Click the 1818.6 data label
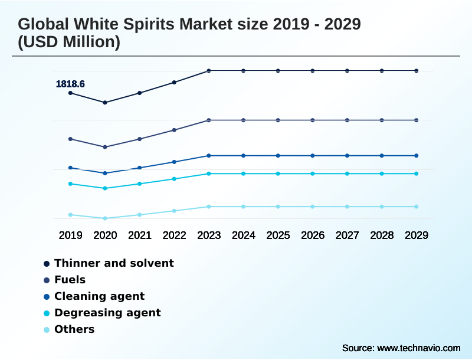pos(70,84)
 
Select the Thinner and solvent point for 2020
pos(105,103)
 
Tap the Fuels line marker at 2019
pos(70,139)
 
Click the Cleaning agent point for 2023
pos(209,156)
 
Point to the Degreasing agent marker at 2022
pos(174,179)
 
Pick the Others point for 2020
pos(105,218)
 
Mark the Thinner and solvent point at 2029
pos(417,71)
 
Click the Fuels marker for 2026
pos(313,120)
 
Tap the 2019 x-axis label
pos(70,235)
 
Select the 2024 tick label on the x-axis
pos(244,235)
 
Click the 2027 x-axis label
pos(348,235)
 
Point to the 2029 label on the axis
pos(417,235)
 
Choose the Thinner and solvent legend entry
pos(114,263)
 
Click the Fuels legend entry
pos(70,280)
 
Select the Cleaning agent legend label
pos(99,296)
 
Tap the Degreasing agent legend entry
pos(107,313)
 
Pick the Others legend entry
pos(74,329)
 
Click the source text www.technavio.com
pos(418,348)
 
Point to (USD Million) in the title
pos(69,42)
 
